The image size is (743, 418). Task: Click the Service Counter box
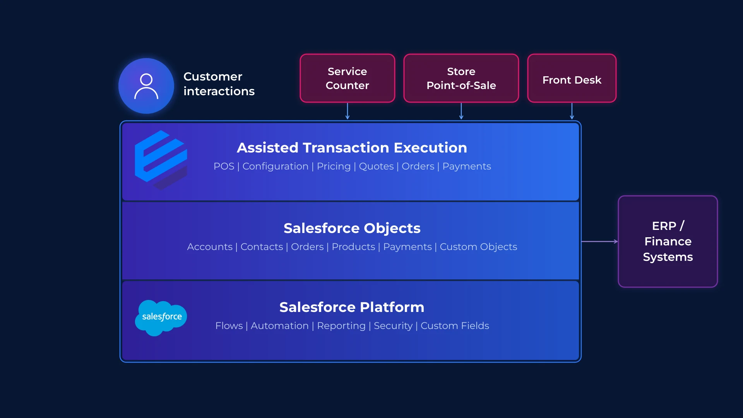pos(347,78)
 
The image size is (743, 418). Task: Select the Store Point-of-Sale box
pos(461,78)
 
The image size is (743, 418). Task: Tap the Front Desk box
pos(572,78)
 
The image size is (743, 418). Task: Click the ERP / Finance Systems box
pos(668,241)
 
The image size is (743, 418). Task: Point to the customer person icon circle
pos(146,86)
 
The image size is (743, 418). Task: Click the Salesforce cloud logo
pos(161,317)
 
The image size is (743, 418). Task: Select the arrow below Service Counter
pos(348,111)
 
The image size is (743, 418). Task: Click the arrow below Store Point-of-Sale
pos(461,111)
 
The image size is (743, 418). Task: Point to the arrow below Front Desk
pos(572,111)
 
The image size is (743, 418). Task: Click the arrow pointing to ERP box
pos(599,242)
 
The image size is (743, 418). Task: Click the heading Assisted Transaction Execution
pos(352,147)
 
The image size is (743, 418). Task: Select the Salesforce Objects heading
pos(352,228)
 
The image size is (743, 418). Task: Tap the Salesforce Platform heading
pos(352,307)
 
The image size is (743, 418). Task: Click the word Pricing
pos(334,166)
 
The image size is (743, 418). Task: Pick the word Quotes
pos(376,166)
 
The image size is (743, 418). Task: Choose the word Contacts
pos(262,247)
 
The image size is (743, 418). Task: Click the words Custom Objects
pos(478,247)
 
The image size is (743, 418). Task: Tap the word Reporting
pos(341,326)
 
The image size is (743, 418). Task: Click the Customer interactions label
pos(219,84)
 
